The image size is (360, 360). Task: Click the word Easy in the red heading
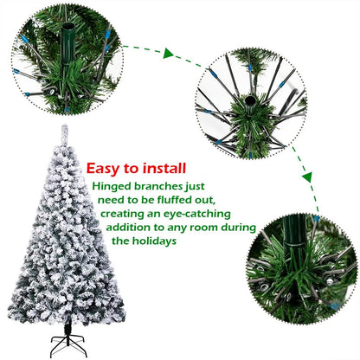pos(106,168)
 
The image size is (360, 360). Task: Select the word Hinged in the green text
pos(112,186)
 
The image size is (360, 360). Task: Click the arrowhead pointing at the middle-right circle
pos(198,59)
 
